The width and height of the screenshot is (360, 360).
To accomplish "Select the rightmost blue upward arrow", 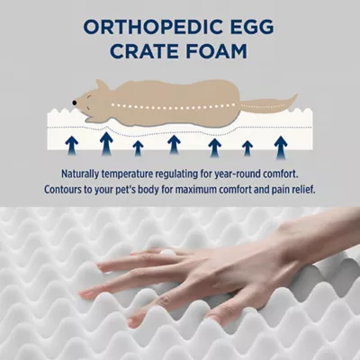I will coord(281,142).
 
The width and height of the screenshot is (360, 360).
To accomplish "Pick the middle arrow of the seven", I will coord(174,141).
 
